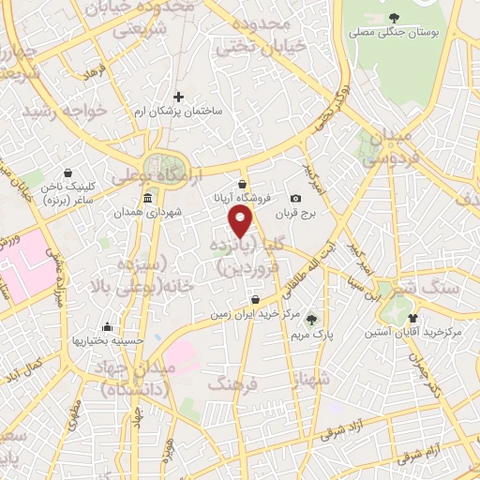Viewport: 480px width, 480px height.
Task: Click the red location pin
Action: click(x=242, y=221)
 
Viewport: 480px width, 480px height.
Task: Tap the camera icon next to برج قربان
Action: click(x=296, y=199)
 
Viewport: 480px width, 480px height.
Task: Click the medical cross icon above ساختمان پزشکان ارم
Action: click(x=179, y=96)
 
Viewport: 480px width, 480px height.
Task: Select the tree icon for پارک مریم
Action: click(x=312, y=321)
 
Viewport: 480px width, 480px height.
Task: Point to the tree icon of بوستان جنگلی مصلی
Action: click(x=394, y=18)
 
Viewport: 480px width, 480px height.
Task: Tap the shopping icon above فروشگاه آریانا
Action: click(x=243, y=183)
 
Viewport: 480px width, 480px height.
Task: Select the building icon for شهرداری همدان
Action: click(x=148, y=199)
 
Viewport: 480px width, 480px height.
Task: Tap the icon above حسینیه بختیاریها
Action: click(x=109, y=327)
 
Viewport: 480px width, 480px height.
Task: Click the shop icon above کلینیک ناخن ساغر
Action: click(x=67, y=172)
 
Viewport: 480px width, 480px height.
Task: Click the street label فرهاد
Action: click(x=97, y=73)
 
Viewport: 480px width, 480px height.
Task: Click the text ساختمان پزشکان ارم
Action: click(x=179, y=111)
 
